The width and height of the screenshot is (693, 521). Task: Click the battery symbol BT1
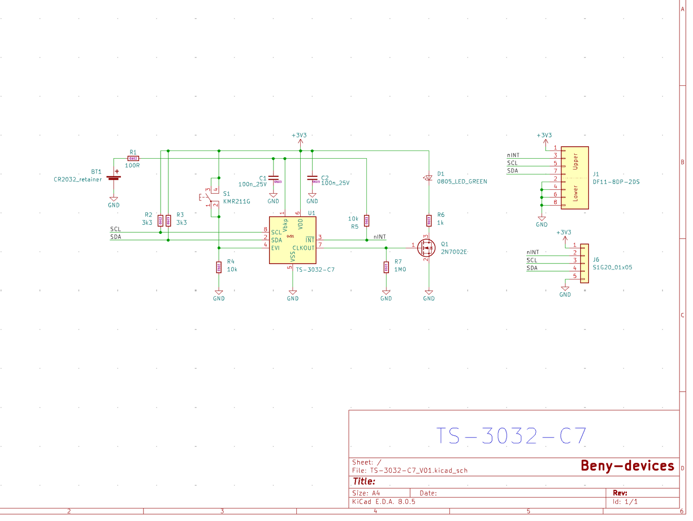tap(114, 177)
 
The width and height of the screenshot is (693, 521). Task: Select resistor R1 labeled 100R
tap(133, 159)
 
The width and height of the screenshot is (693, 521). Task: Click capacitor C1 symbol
tap(273, 178)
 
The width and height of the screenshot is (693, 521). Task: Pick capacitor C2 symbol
tap(312, 178)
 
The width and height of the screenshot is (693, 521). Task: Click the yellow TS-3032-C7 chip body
tap(293, 240)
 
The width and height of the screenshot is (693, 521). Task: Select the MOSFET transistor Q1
tap(426, 248)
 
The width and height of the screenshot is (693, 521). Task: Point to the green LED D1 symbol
tap(429, 178)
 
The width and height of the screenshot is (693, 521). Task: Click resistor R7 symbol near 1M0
tap(386, 267)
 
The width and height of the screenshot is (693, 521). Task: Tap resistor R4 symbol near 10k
tap(219, 267)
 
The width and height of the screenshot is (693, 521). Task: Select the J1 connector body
tap(575, 178)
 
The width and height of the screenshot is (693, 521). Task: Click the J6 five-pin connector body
tap(584, 264)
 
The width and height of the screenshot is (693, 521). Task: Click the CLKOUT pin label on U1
tap(303, 248)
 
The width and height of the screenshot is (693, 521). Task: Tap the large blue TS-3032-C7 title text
tap(511, 436)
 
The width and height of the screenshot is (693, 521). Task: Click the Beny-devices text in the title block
tap(627, 466)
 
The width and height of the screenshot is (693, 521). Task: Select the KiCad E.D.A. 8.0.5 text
tap(384, 502)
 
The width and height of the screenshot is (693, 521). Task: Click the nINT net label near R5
tap(379, 237)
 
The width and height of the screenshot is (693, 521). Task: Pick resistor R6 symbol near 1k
tap(429, 220)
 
